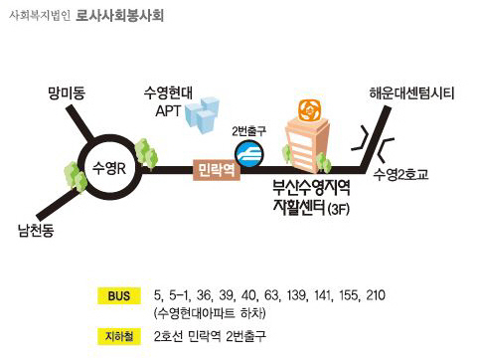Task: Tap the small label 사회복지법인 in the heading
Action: coord(39,18)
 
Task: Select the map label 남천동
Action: coord(37,233)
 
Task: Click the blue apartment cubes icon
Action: coord(206,115)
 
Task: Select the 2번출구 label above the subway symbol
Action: coord(249,131)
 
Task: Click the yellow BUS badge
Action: coord(117,296)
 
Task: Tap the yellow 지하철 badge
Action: coord(117,335)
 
